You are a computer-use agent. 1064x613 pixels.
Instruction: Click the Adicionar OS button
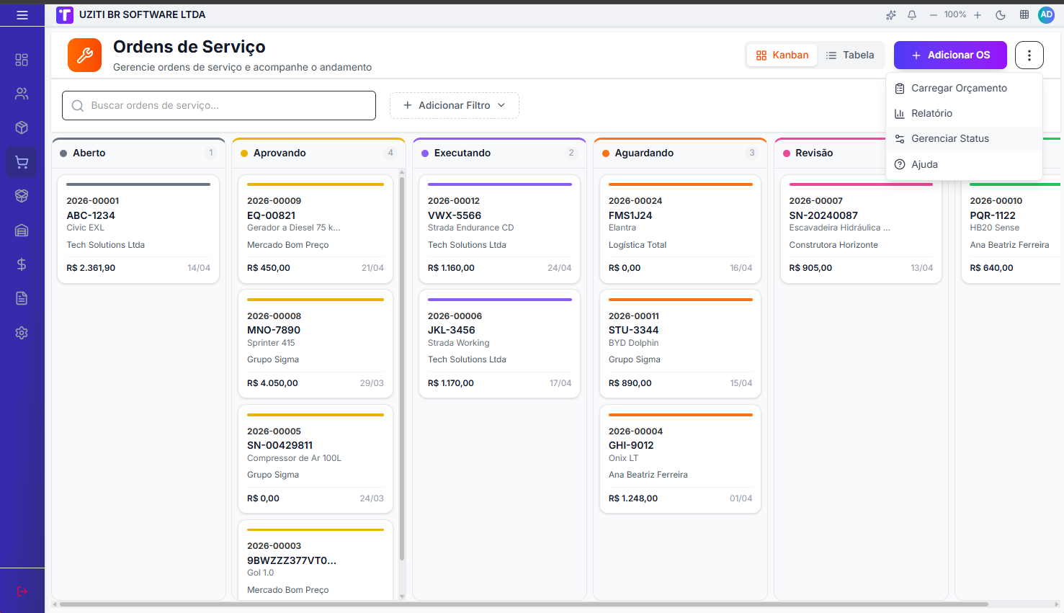tap(950, 55)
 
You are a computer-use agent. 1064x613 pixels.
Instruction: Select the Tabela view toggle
tap(850, 55)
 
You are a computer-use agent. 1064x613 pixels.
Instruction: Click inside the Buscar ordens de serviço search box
tap(219, 105)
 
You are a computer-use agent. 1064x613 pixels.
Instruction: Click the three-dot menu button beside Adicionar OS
tap(1029, 55)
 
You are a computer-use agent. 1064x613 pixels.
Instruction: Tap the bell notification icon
tap(912, 15)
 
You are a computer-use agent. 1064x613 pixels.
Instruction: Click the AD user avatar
tap(1047, 14)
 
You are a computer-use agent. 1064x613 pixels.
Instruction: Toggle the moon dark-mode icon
tap(1001, 15)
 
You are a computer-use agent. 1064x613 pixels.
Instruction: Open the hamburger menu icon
tap(22, 15)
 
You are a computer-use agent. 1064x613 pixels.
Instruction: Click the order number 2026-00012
tap(454, 201)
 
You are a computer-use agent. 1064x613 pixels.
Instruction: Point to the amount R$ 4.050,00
tap(272, 383)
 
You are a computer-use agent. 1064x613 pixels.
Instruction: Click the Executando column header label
tap(462, 153)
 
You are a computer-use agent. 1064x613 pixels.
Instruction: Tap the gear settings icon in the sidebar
tap(22, 333)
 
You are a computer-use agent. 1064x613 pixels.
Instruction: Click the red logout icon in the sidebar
tap(22, 591)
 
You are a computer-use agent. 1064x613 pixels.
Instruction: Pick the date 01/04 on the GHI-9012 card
tap(741, 498)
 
